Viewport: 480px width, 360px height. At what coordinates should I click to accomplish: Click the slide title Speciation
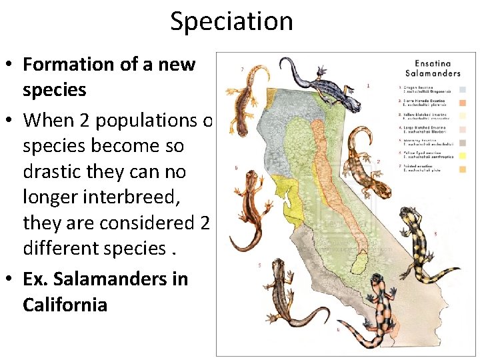click(x=231, y=21)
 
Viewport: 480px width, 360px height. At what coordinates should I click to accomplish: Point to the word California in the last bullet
click(x=65, y=305)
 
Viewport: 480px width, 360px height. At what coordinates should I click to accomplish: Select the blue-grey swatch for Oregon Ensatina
click(x=461, y=89)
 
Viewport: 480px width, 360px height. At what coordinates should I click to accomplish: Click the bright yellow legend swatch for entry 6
click(x=461, y=155)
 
